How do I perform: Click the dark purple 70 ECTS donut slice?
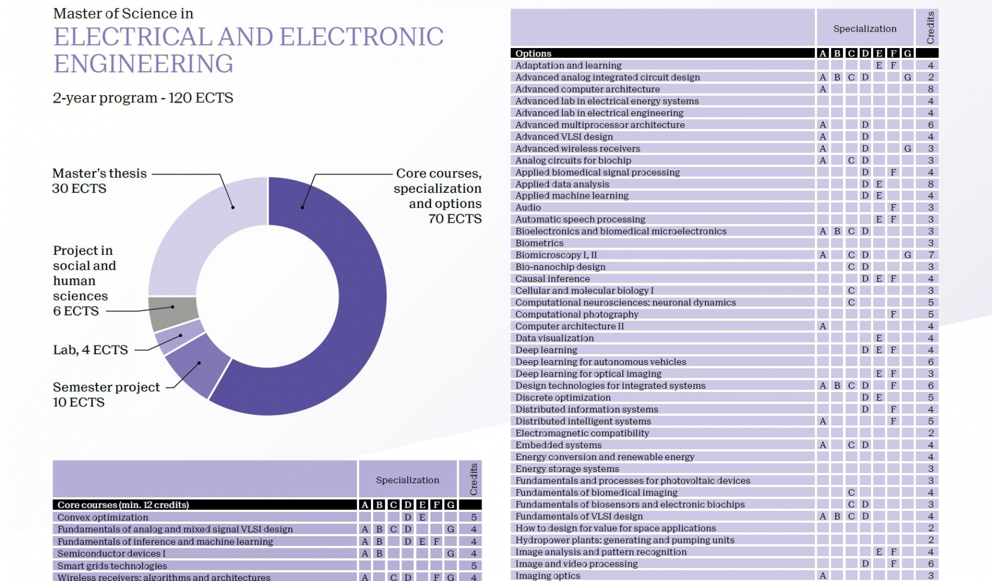357,310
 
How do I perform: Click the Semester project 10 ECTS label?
106,394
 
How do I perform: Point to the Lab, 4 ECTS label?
90,350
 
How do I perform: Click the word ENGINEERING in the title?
143,64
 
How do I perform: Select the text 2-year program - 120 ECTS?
143,98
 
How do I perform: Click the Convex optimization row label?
102,517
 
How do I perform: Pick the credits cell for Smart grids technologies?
473,565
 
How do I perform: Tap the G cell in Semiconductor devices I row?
451,553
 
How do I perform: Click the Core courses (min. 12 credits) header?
123,504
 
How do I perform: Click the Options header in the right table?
533,53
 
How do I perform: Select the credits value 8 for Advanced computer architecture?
931,89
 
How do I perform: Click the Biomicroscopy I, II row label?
556,255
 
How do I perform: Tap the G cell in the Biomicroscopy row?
907,255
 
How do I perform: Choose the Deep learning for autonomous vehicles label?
600,362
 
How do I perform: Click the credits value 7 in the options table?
931,255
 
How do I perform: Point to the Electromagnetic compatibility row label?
582,433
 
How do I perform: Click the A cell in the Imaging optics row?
823,575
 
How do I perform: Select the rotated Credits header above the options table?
930,27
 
